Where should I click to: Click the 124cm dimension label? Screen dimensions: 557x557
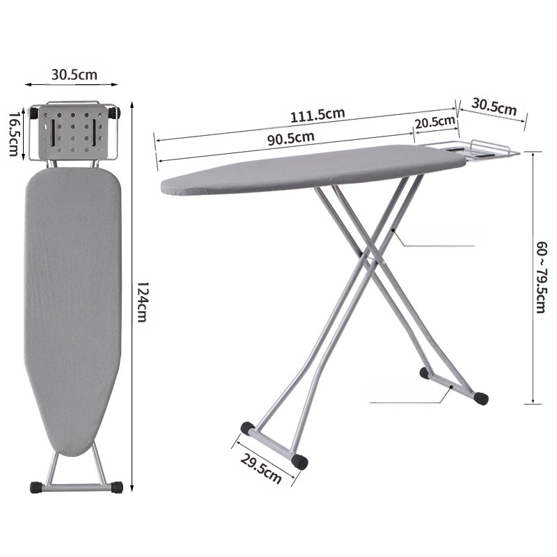coord(142,302)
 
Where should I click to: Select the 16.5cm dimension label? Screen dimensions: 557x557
coord(13,134)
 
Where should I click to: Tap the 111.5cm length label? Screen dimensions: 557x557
coord(317,115)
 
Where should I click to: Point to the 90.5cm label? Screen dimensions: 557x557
coord(291,138)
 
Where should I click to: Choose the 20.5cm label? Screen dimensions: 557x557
coord(435,123)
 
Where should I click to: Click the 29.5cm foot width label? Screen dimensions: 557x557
coord(261,469)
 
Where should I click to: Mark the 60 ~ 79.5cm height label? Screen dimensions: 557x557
coord(542,277)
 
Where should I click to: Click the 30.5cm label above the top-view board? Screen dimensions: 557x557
coord(74,74)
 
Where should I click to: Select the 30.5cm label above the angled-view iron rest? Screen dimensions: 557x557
coord(494,107)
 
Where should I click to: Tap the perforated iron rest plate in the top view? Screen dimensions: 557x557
coord(72,132)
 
